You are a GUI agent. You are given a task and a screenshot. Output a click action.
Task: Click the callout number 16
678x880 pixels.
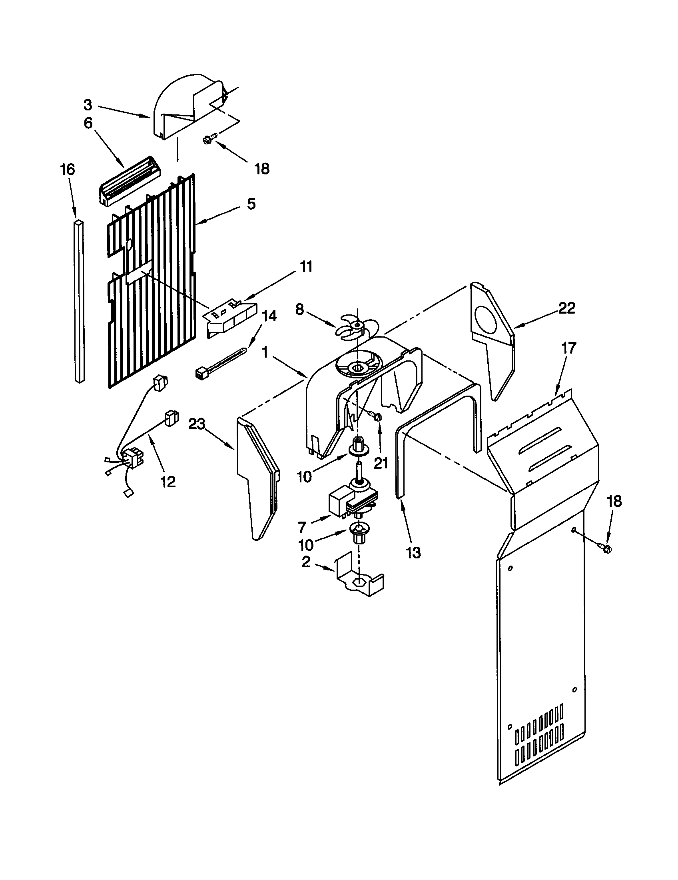click(68, 169)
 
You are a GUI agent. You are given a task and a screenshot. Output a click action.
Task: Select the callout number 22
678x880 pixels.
click(566, 308)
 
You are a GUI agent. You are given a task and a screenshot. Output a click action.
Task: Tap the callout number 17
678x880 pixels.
click(568, 348)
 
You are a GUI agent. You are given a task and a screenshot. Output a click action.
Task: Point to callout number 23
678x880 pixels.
click(197, 424)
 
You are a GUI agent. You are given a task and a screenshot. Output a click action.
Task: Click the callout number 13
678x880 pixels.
click(413, 552)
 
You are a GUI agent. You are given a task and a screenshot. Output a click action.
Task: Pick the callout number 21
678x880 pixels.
click(381, 463)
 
